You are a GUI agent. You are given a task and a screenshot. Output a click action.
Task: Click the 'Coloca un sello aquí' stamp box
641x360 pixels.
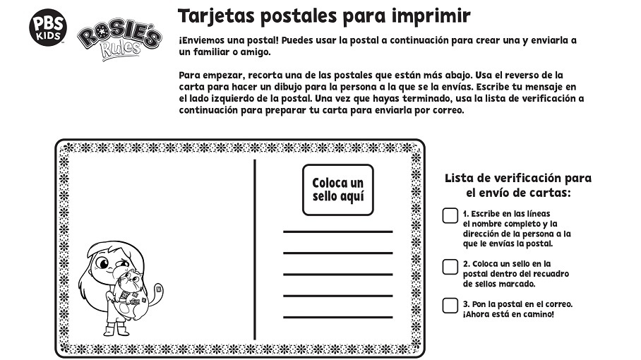coord(337,190)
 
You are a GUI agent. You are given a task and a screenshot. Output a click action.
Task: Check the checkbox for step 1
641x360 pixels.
coord(450,216)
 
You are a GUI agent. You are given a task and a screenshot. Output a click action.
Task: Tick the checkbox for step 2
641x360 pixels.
coord(450,267)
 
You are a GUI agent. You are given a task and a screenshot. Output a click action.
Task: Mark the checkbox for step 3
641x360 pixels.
coord(450,305)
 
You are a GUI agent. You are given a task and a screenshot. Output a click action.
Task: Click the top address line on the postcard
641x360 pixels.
coord(337,232)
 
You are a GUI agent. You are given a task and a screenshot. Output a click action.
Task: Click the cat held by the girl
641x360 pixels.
coord(131,291)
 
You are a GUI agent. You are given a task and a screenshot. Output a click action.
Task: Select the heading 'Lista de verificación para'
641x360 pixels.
coord(518,178)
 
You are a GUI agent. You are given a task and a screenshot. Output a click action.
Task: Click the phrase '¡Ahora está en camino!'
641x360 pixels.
coord(508,314)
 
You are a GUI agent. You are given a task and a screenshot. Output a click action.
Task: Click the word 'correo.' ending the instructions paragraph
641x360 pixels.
coord(446,111)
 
